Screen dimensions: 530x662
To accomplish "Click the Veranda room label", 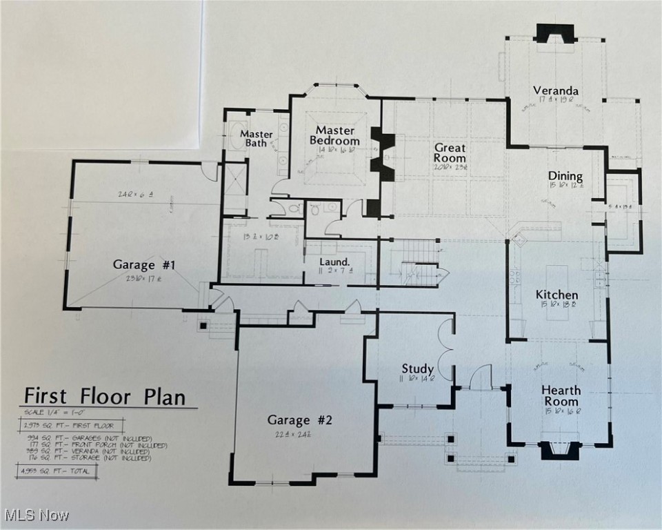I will click(x=555, y=91).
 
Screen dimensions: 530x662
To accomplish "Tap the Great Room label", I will click(x=450, y=153).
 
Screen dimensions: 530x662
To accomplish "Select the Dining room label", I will click(x=565, y=176).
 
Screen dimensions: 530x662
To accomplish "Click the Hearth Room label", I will click(x=560, y=395).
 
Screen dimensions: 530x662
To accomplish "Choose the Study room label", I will click(x=418, y=369).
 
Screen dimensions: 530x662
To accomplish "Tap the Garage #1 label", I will click(x=145, y=264).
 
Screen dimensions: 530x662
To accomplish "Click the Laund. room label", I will click(x=335, y=262).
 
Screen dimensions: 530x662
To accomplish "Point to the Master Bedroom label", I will click(x=335, y=135).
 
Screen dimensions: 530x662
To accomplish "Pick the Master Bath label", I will click(x=256, y=138).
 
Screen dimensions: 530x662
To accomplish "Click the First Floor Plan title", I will click(x=105, y=397).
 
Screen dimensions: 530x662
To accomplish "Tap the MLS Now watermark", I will click(x=36, y=515).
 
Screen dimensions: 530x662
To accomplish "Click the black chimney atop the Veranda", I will click(x=555, y=34).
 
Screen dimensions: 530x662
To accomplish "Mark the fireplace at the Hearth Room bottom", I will click(x=558, y=449).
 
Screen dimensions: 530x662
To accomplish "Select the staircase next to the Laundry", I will click(x=414, y=262).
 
